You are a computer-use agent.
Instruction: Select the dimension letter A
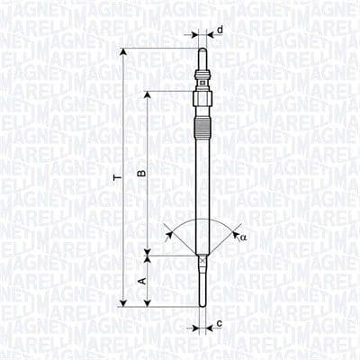[139, 281]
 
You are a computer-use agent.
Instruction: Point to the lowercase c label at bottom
[220, 321]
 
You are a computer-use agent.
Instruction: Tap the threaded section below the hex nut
[200, 101]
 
